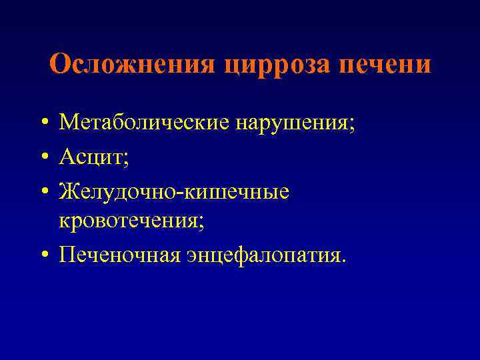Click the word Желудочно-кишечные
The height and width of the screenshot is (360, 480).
point(175,191)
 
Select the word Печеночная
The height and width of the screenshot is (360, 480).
point(118,255)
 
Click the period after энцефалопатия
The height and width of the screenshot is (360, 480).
point(344,261)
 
